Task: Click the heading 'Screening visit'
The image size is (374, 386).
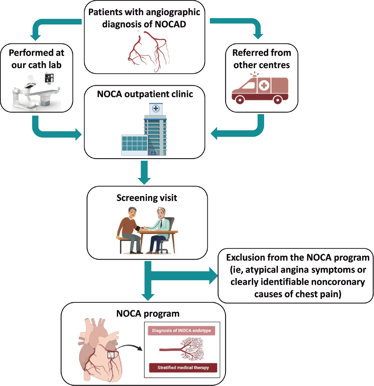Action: (x=146, y=198)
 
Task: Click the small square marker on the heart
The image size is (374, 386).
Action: (x=111, y=354)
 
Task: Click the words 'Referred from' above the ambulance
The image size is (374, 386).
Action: (x=262, y=52)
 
